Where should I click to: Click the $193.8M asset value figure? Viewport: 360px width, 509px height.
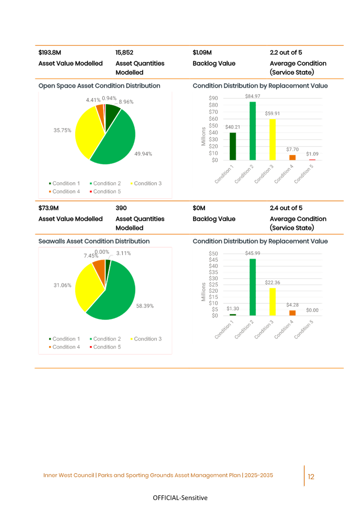pyautogui.click(x=49, y=53)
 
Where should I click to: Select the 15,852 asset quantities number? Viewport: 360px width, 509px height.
pyautogui.click(x=124, y=53)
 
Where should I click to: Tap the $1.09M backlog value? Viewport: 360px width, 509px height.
pyautogui.click(x=202, y=53)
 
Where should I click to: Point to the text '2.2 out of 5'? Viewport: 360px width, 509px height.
pyautogui.click(x=286, y=53)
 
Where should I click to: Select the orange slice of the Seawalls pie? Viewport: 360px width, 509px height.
pyautogui.click(x=99, y=265)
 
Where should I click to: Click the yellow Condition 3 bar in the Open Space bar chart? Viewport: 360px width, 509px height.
pyautogui.click(x=272, y=140)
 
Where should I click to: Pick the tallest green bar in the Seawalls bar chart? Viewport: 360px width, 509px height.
pyautogui.click(x=252, y=287)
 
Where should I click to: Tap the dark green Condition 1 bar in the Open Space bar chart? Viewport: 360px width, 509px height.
pyautogui.click(x=233, y=146)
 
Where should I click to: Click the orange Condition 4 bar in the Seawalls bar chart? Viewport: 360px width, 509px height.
pyautogui.click(x=292, y=313)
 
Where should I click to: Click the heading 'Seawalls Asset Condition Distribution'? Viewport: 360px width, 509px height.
pyautogui.click(x=94, y=241)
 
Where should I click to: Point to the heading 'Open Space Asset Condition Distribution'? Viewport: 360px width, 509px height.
pyautogui.click(x=99, y=86)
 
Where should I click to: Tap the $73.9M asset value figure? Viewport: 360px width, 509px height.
pyautogui.click(x=49, y=208)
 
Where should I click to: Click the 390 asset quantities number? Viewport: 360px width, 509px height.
pyautogui.click(x=121, y=208)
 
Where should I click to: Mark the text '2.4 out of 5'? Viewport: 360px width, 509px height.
pyautogui.click(x=286, y=208)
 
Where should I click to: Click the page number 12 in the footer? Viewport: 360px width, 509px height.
pyautogui.click(x=311, y=477)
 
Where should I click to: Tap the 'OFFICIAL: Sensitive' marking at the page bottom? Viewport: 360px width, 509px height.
pyautogui.click(x=180, y=498)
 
